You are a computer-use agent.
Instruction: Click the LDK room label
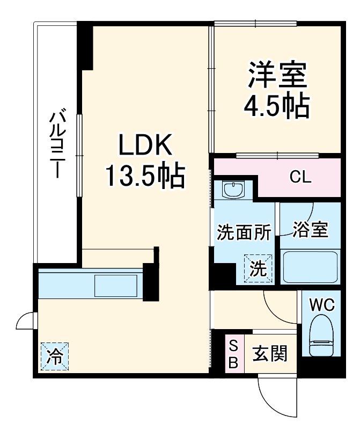144,145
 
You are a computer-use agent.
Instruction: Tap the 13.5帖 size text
145,176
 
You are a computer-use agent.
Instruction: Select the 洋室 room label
277,75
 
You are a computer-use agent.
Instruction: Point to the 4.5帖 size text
277,106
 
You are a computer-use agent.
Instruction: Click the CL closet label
300,177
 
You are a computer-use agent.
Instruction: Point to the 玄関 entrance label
270,354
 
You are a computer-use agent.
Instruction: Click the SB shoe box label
233,354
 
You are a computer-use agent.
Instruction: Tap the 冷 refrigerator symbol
55,356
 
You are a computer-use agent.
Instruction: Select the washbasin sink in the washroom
233,190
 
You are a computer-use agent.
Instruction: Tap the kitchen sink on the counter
116,285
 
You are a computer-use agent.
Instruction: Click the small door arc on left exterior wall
26,321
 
